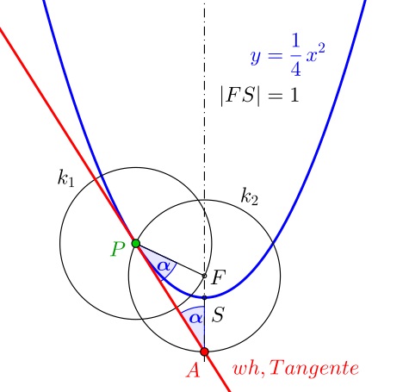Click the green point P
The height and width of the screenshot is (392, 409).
pos(136,244)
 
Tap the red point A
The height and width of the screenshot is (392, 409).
pos(204,352)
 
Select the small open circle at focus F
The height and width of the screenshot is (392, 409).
pos(204,276)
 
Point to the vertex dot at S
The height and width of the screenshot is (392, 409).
pos(204,297)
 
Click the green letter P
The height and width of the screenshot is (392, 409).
pos(118,249)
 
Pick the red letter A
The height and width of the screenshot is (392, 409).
pos(193,370)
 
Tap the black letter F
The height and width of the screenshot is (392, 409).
pos(219,277)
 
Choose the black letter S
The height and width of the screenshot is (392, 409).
pos(218,314)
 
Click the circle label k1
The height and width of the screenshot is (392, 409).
pos(66,178)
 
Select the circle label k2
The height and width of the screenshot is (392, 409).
pos(250,196)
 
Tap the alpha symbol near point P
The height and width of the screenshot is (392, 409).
pos(164,266)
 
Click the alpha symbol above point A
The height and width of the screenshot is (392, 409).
pos(196,318)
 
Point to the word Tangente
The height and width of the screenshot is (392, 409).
pos(313,368)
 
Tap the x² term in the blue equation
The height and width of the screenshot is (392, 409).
pos(315,53)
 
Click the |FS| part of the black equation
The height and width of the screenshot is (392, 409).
pos(240,96)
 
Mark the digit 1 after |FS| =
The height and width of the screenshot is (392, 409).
pos(294,96)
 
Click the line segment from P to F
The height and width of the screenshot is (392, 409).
pos(170,259)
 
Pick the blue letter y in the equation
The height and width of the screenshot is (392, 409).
pos(255,57)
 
